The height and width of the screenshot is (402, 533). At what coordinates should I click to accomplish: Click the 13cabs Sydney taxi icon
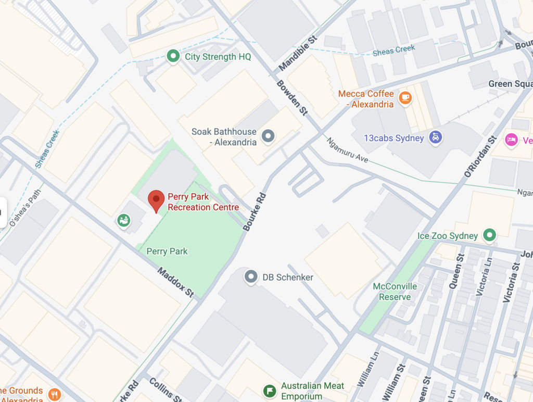435,137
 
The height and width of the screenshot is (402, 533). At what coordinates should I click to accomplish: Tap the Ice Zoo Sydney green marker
489,235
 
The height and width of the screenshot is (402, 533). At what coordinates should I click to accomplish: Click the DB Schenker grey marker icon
251,277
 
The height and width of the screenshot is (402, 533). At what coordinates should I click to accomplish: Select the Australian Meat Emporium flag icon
270,390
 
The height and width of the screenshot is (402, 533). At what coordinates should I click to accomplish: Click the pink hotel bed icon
511,140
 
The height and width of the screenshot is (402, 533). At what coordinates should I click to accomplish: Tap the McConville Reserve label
395,292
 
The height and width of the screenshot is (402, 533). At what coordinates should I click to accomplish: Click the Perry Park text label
167,252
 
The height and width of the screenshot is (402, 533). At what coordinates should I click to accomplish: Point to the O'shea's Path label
25,207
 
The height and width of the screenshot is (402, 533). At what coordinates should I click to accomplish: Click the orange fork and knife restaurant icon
55,394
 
